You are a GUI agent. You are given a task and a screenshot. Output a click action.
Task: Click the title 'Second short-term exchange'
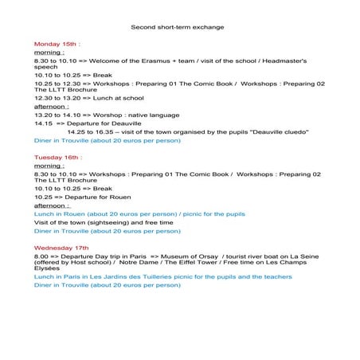coord(177,27)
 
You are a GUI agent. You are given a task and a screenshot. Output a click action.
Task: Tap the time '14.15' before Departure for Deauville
coord(43,123)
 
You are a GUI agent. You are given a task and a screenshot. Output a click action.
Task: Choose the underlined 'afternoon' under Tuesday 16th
coord(51,205)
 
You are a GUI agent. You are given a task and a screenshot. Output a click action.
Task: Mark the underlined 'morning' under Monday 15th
coord(48,52)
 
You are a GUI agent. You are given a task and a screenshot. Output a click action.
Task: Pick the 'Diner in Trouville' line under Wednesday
coord(61,284)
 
